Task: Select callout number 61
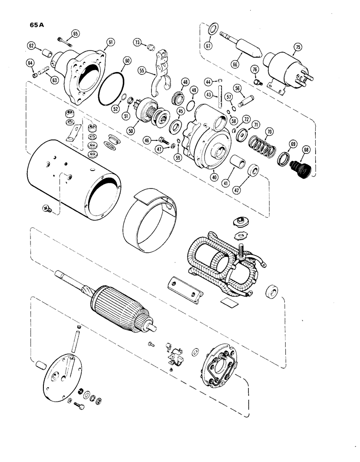[110, 42]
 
